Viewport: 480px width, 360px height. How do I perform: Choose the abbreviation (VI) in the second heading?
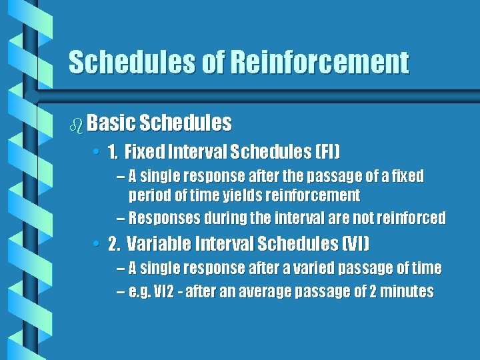[355, 244]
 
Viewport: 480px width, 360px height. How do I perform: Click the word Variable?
[157, 244]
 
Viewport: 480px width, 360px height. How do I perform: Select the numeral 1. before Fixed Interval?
[112, 153]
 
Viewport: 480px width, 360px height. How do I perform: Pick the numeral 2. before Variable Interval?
[113, 244]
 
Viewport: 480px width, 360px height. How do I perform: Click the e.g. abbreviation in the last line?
[142, 292]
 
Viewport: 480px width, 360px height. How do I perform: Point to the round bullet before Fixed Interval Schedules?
[97, 153]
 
